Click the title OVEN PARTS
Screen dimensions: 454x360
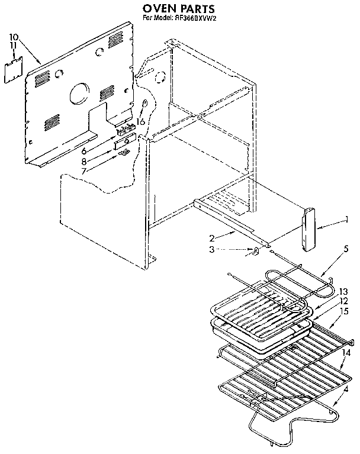tap(179, 9)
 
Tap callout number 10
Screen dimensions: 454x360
tap(14, 37)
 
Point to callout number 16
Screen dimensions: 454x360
tap(141, 122)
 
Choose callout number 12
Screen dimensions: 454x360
tap(343, 301)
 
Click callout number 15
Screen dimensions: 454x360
tap(343, 311)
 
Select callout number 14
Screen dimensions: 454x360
tap(346, 353)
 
